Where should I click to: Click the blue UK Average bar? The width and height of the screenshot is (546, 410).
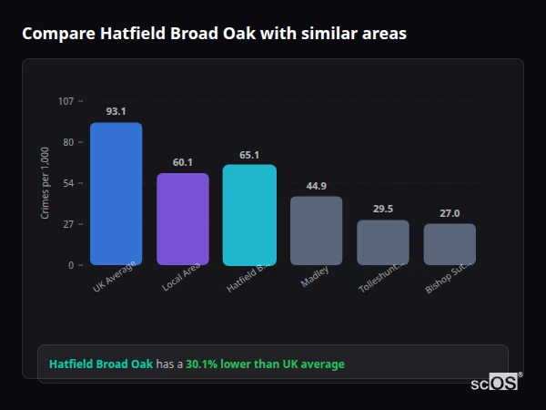pos(116,194)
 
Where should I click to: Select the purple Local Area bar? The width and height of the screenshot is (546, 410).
pos(182,219)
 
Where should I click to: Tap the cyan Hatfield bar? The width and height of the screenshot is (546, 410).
pos(249,215)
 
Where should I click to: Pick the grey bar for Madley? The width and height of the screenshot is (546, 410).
pos(316,231)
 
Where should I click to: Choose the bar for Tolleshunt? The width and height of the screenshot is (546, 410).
pos(382,242)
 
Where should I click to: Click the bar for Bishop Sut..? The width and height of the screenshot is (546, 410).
pos(450,244)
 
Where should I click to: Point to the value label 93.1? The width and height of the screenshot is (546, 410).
pos(116,111)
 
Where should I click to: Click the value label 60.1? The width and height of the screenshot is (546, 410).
pos(182,162)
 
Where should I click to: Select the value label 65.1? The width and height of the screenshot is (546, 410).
pos(249,155)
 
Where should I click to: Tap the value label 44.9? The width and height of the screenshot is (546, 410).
pos(316,186)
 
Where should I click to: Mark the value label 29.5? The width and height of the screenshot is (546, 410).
pos(382,209)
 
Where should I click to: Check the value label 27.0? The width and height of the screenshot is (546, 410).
pos(450,213)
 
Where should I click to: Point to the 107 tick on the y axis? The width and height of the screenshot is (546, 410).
pos(66,101)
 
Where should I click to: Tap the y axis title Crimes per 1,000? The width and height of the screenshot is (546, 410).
pos(45,183)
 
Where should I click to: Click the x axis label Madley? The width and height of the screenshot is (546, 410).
pos(314,277)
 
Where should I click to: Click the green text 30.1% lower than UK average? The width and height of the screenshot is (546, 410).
pos(265,364)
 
